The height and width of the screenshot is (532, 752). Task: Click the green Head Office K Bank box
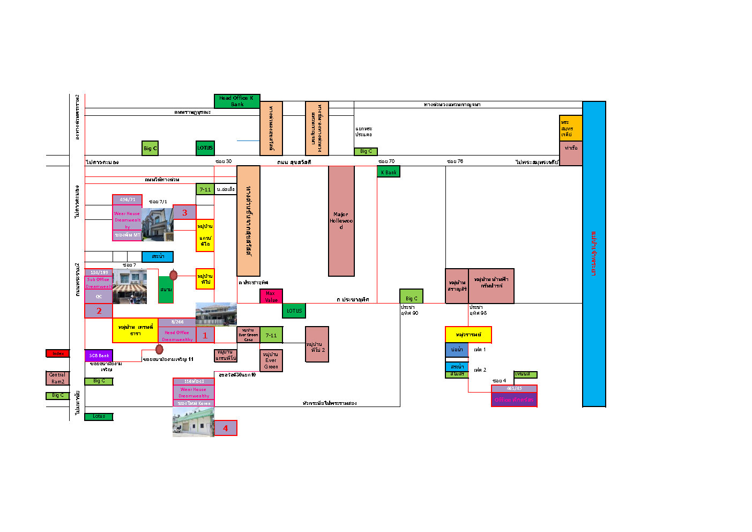coord(236,101)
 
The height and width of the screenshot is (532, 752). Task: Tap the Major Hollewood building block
coord(341,220)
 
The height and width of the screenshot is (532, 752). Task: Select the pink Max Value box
coord(271,296)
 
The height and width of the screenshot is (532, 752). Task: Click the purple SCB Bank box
coord(99,356)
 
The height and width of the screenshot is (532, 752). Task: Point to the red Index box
coord(57,353)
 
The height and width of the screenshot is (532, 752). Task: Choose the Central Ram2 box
coord(57,378)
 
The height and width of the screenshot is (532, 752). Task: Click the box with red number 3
coord(184,212)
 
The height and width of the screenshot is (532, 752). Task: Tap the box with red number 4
coord(225,428)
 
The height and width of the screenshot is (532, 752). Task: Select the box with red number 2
coord(99,311)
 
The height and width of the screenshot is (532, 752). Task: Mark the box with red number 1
coord(205,335)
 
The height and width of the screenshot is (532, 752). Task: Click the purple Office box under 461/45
coord(513,400)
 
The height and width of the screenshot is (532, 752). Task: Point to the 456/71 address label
coord(127,200)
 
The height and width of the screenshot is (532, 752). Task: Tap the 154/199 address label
coord(99,272)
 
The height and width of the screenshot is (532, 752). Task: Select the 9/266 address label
coord(177,322)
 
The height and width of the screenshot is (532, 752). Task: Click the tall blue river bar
coord(594,254)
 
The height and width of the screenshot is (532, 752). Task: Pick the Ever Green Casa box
coord(248,335)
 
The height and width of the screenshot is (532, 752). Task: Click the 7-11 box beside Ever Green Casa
coord(271,335)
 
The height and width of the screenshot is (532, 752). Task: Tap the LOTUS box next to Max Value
coord(294,311)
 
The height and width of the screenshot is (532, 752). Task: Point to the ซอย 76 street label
coord(455,161)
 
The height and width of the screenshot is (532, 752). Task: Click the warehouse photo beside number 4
coord(193,422)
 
